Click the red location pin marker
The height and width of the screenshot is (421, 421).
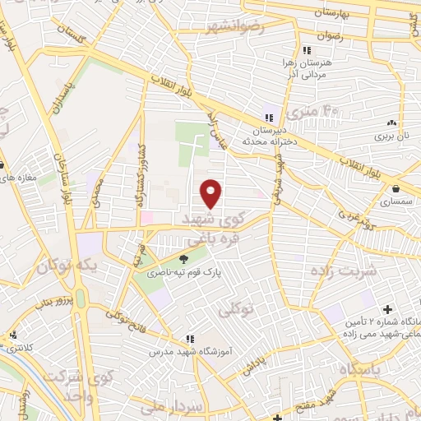pyautogui.click(x=212, y=194)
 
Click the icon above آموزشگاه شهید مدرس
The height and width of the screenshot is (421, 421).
pyautogui.click(x=189, y=338)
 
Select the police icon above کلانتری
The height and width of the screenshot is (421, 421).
pyautogui.click(x=12, y=335)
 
